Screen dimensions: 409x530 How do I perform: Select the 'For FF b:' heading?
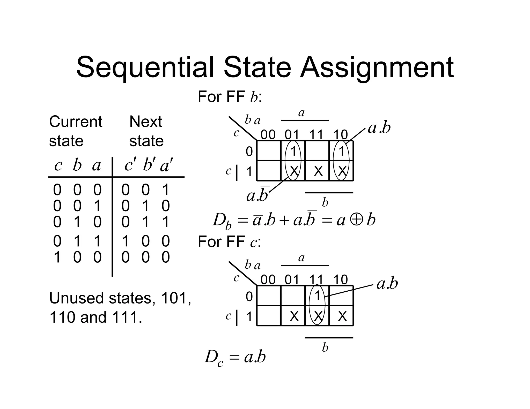click(230, 97)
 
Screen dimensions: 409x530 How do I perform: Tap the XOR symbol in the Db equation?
click(356, 220)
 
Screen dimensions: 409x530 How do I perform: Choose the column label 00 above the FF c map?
click(268, 280)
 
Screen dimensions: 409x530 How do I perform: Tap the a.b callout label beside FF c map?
click(387, 284)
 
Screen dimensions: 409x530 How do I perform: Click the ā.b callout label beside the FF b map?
click(379, 128)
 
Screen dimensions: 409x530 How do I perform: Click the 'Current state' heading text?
click(75, 131)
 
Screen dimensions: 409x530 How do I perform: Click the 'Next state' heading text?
click(146, 131)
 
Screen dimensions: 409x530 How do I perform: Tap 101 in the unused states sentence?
click(175, 298)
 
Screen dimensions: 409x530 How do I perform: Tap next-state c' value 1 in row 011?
click(126, 241)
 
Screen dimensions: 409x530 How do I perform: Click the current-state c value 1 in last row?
click(57, 257)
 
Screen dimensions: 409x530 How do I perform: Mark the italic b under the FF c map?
click(325, 348)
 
